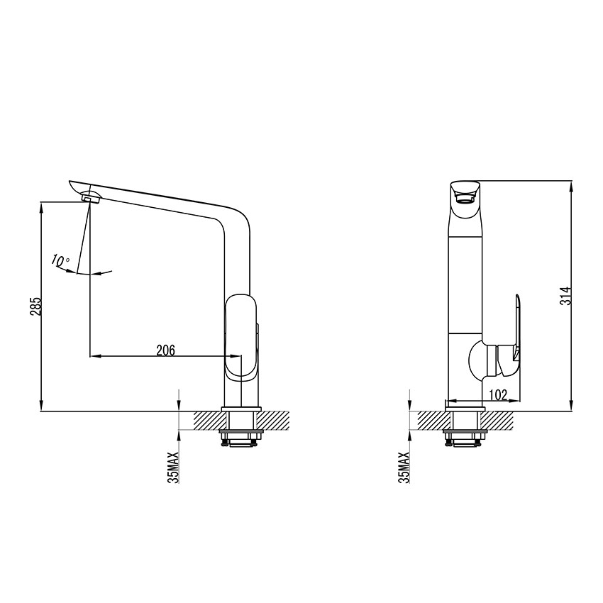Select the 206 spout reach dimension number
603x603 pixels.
coord(165,349)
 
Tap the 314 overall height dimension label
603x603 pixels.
coord(565,295)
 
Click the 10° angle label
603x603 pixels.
coord(60,260)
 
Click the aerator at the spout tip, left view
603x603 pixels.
coord(90,198)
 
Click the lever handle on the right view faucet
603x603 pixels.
coord(518,327)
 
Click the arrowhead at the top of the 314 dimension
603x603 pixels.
coord(571,185)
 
